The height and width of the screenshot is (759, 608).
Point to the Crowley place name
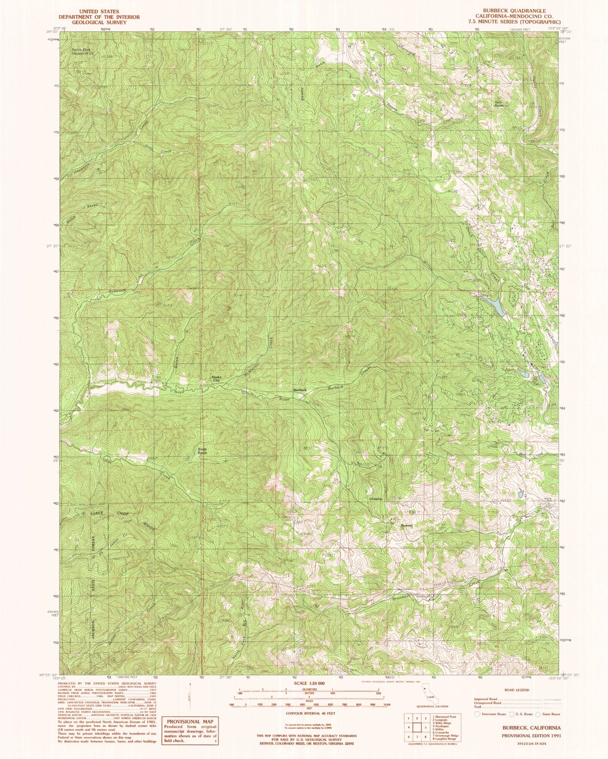pos(375,499)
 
